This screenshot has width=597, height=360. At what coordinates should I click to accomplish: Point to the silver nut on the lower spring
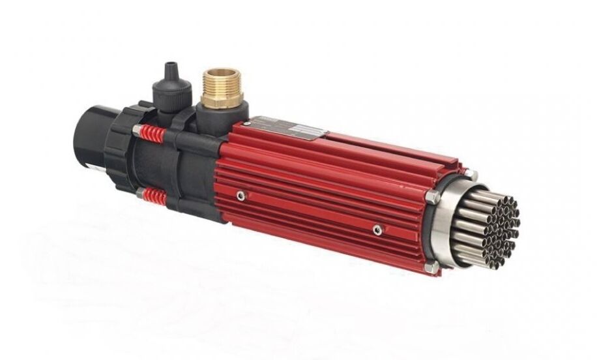[x=138, y=192]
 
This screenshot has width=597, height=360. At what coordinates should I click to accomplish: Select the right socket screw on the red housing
[x=377, y=230]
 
